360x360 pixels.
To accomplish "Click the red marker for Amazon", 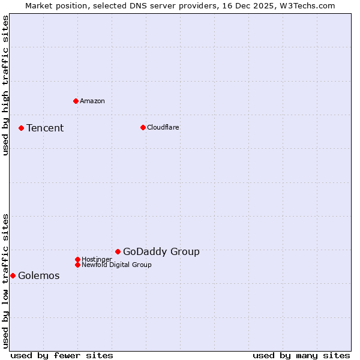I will pos(76,101).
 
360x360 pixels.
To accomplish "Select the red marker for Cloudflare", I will pos(143,127).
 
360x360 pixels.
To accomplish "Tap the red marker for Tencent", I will pos(21,128).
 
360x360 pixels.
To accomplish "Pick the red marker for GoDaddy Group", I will pos(118,251).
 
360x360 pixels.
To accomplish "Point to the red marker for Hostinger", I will pos(77,259).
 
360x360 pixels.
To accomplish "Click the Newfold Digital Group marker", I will pos(77,265).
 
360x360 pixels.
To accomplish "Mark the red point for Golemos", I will pos(13,275).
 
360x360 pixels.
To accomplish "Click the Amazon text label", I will pos(92,101).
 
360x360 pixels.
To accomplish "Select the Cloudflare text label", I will pos(163,127).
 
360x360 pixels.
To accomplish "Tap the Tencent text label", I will pos(45,128).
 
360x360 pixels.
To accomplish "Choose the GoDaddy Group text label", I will pos(161,251).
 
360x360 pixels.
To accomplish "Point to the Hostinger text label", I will pos(97,259).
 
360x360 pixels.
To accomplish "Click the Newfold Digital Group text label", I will pos(116,265).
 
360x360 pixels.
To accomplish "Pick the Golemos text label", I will pos(39,275).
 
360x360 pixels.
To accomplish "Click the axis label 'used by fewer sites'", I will pos(62,355).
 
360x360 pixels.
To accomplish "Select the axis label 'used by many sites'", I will pos(301,355).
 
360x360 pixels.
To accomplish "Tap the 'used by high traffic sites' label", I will pos(6,85).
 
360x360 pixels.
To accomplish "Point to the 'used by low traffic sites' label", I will pos(6,281).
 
